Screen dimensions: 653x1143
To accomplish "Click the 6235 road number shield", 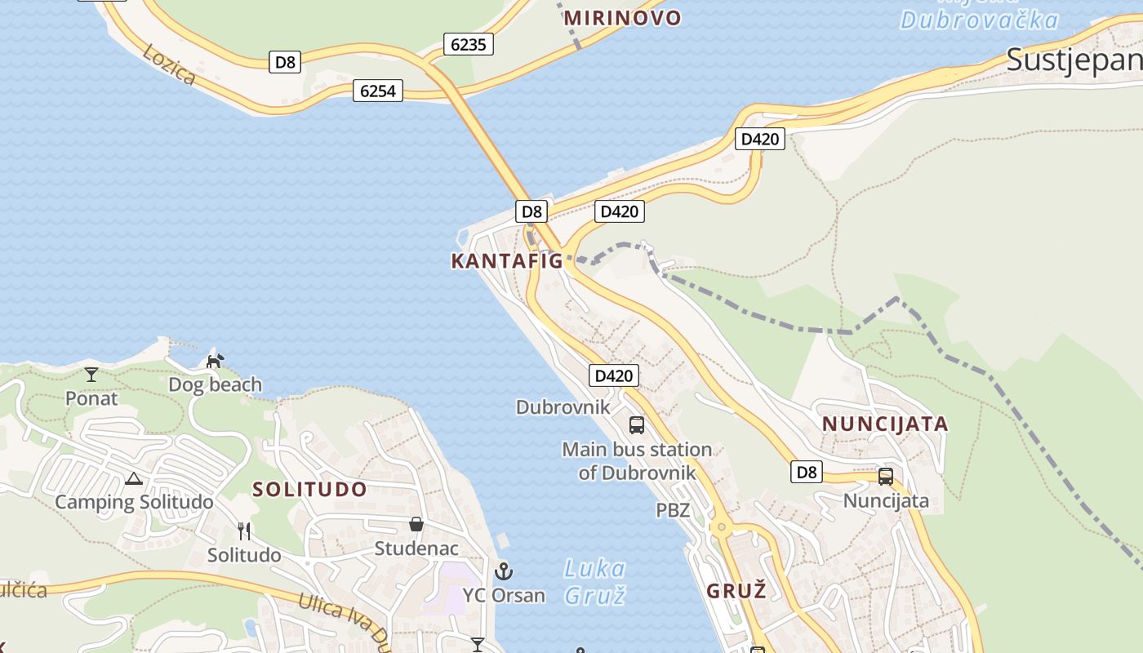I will pos(469,44).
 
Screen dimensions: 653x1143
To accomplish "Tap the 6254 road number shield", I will pos(378,91).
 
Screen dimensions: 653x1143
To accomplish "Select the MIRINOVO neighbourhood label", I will pos(622,18).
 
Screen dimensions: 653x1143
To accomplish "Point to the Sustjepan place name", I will pos(1073,60).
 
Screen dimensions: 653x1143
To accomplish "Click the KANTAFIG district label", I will pos(507,261).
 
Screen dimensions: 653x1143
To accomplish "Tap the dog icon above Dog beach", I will pos(215,361).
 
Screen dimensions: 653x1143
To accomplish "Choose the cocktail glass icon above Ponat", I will pos(91,375).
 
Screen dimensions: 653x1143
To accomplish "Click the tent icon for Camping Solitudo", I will pos(134,479).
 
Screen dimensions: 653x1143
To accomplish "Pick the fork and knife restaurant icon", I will pos(243,531).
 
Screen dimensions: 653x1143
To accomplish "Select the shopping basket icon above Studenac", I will pos(416,524).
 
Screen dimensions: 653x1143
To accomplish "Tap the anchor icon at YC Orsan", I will pos(504,571).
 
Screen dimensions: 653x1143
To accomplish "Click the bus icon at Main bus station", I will pos(637,425).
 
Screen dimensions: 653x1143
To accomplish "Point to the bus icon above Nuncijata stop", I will pos(886,477).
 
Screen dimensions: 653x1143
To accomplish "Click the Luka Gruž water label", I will pos(594,581).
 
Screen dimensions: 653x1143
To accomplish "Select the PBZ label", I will pos(673,511).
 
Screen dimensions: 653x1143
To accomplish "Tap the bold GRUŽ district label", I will pos(736,591).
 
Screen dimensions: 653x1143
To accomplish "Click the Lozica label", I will pos(169,64).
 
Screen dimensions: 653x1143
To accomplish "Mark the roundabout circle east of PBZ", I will pos(720,527).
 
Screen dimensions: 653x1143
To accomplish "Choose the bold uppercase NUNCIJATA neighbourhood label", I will pos(885,424).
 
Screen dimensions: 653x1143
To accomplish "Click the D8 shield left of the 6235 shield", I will pos(285,62).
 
